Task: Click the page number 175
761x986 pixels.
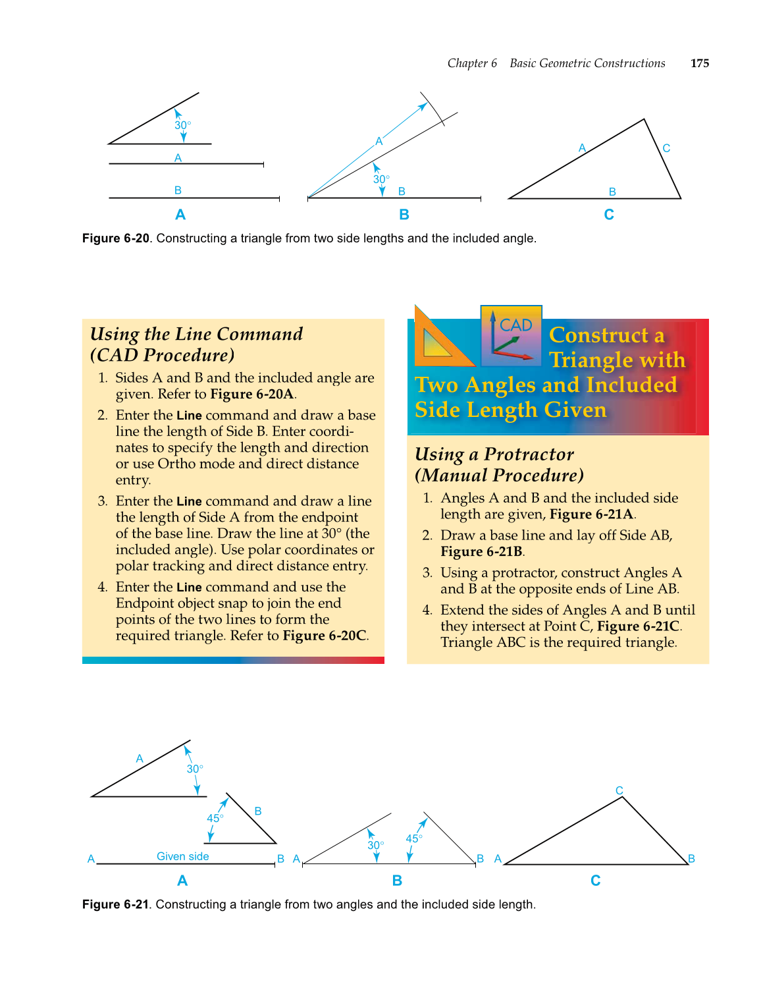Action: click(699, 63)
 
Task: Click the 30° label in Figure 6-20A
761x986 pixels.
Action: click(182, 125)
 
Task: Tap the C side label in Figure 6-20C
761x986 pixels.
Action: click(666, 148)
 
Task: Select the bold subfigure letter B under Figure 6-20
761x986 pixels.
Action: click(404, 215)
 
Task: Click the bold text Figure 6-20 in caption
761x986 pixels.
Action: click(116, 238)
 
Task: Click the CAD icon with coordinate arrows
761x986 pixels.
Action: click(512, 335)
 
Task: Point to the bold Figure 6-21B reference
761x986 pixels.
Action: click(482, 552)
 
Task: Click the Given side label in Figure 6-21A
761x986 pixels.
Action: click(182, 856)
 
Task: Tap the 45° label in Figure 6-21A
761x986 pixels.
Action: click(215, 818)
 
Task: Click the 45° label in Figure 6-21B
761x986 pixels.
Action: click(413, 838)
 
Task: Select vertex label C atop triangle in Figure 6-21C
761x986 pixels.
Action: click(619, 790)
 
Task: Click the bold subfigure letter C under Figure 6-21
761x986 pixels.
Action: click(595, 881)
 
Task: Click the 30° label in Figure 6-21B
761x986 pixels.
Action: click(375, 845)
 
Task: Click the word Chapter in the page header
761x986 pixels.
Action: click(467, 63)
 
